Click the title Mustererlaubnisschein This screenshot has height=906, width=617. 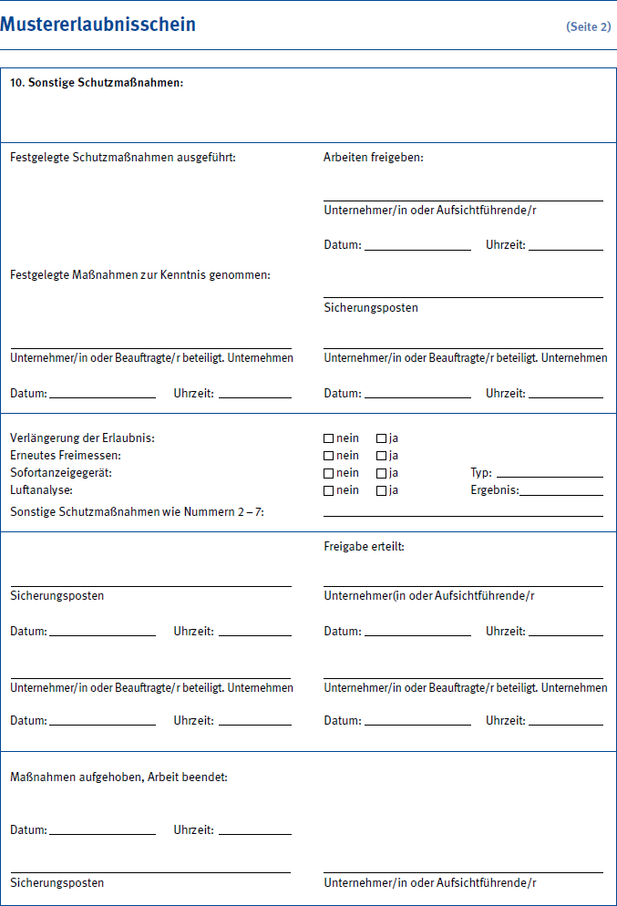click(98, 25)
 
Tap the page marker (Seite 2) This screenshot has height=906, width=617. click(588, 26)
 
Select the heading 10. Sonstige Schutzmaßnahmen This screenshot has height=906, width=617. click(97, 83)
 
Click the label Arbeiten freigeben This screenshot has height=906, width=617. click(374, 158)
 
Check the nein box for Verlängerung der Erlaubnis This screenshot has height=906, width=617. click(329, 438)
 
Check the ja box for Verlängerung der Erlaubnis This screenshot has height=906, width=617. click(382, 438)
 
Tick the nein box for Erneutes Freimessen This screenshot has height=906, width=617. click(329, 456)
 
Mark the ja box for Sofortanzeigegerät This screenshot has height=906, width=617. click(382, 473)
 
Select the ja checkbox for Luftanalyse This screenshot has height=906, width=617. click(382, 490)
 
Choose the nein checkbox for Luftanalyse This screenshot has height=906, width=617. click(329, 490)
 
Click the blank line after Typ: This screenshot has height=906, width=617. click(549, 475)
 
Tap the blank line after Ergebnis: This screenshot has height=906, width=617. click(560, 493)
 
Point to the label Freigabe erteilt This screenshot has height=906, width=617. click(364, 547)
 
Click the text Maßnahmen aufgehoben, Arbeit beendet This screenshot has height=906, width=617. click(118, 777)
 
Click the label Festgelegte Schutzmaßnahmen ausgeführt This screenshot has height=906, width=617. click(123, 158)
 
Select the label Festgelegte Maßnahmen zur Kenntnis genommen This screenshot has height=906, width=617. click(140, 274)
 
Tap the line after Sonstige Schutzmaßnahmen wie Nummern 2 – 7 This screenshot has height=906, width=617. click(463, 514)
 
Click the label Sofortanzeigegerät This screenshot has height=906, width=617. click(61, 473)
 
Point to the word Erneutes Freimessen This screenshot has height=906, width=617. click(66, 456)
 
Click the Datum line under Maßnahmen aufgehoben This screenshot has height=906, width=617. click(102, 832)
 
